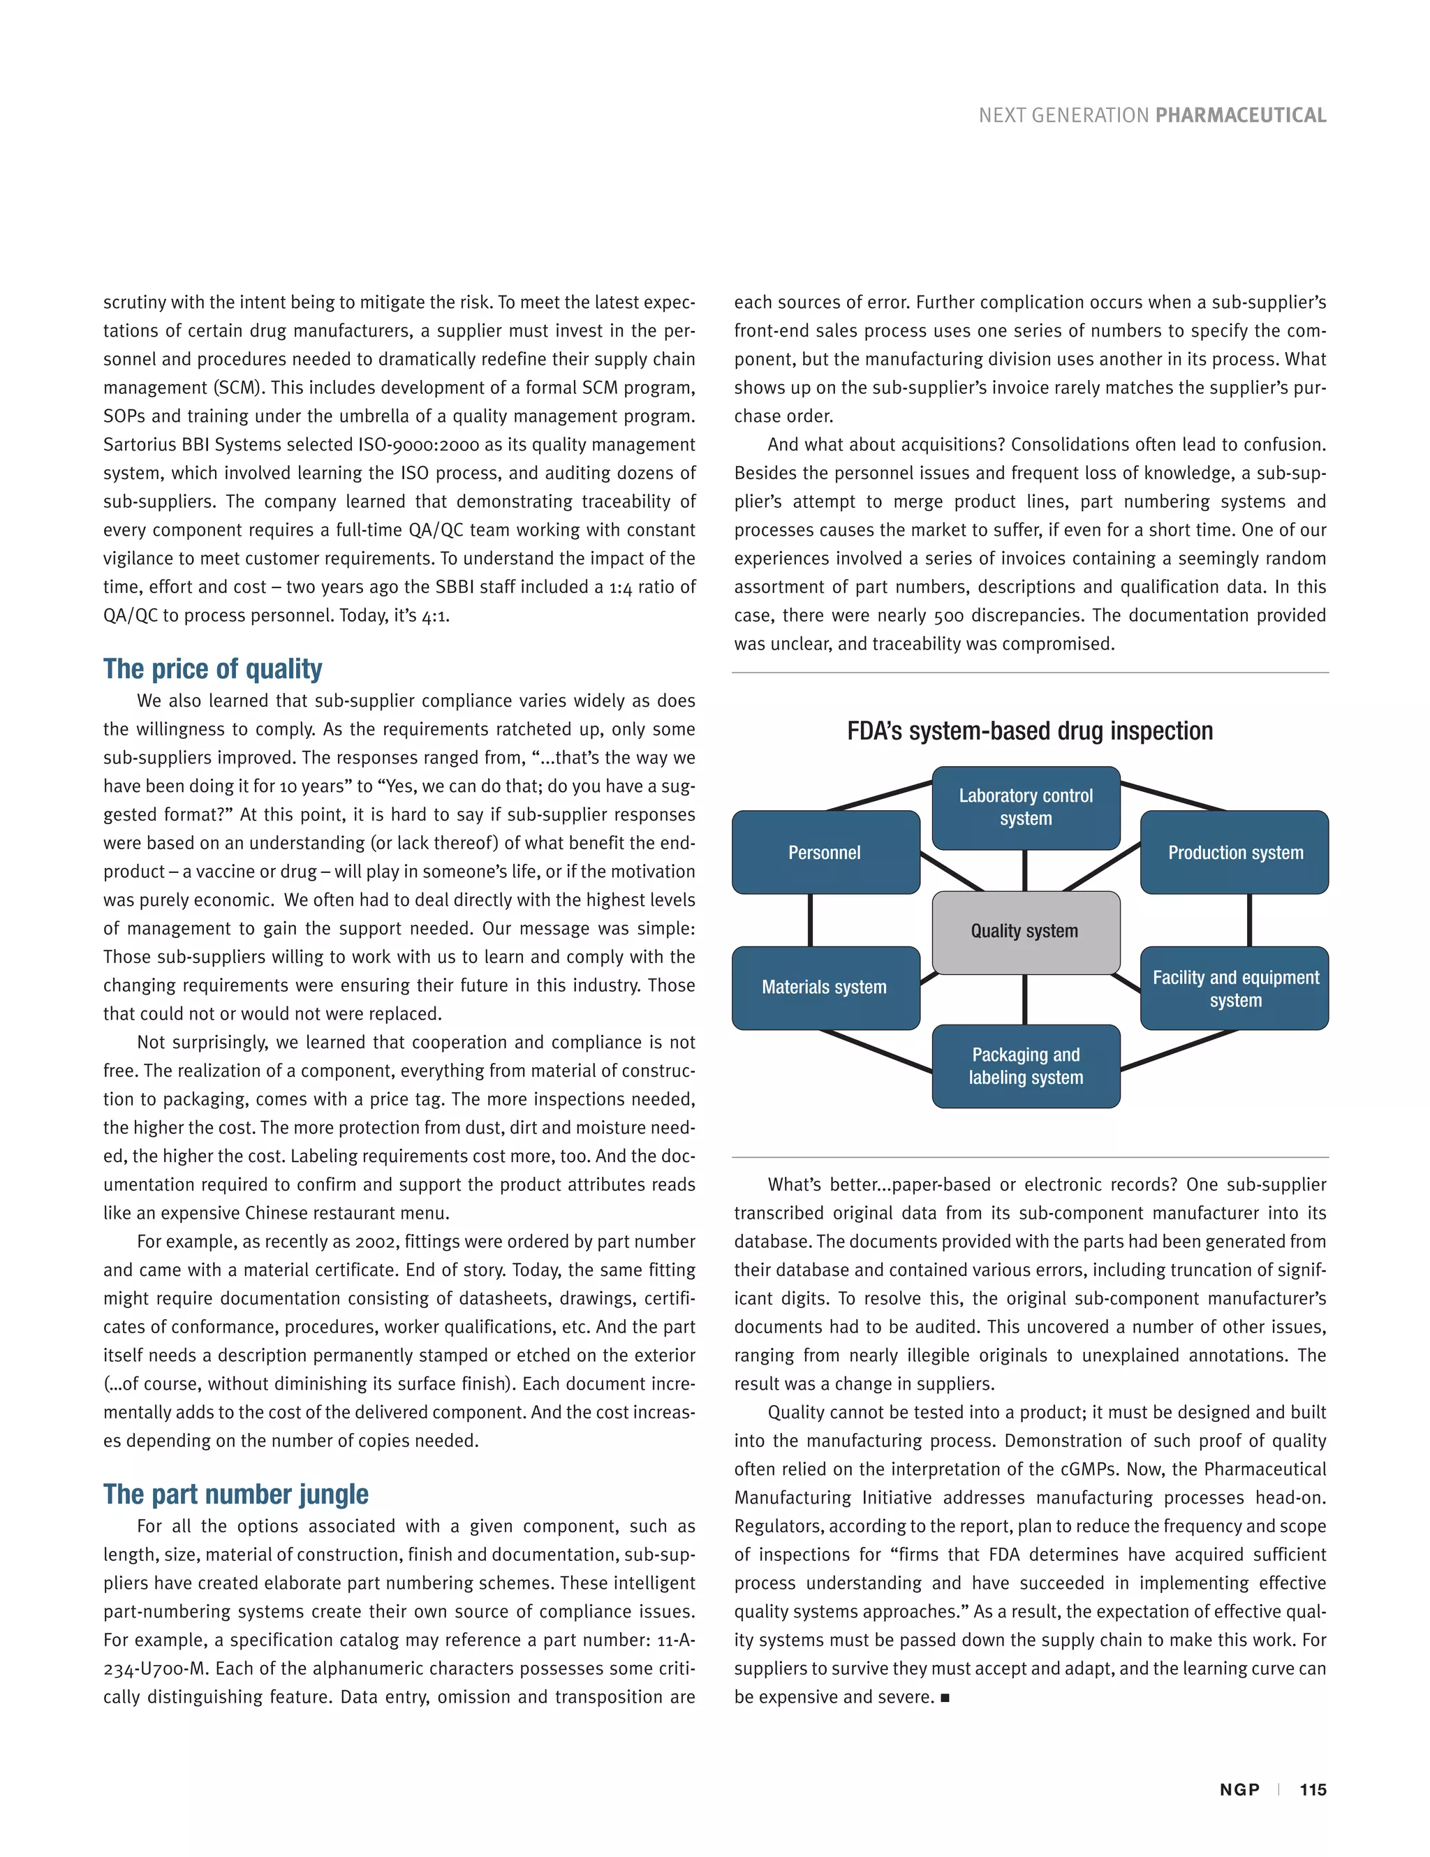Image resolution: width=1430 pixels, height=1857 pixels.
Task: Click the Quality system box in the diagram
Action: click(x=1025, y=932)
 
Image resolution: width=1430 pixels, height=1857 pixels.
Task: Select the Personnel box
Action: click(x=825, y=852)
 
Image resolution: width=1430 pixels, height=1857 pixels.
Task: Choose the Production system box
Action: click(x=1234, y=852)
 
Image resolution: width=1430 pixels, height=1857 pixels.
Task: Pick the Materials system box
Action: click(x=825, y=988)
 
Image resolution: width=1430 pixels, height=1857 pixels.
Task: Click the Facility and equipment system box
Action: click(x=1234, y=988)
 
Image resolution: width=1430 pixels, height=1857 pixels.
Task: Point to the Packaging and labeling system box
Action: click(x=1025, y=1066)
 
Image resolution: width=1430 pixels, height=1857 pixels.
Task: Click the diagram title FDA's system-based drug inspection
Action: click(x=1030, y=731)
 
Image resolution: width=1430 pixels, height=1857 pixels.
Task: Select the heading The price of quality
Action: click(x=212, y=669)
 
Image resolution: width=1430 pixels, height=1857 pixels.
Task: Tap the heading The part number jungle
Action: click(x=235, y=1494)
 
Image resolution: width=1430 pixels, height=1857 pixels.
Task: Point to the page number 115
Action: click(x=1313, y=1790)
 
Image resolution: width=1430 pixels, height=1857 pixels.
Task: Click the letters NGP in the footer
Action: click(x=1239, y=1790)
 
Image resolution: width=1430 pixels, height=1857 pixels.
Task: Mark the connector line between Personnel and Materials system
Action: click(x=810, y=920)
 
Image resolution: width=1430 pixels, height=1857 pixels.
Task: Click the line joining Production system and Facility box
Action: click(x=1249, y=920)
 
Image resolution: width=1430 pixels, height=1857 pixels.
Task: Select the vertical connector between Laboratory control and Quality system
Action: click(x=1024, y=871)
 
